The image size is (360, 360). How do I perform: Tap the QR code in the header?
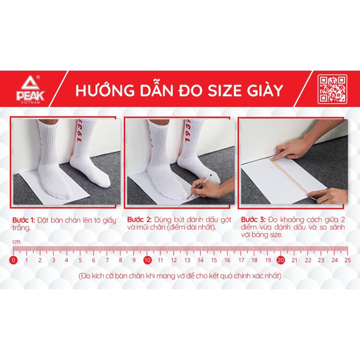point(332,89)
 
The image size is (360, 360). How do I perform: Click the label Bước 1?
point(24,220)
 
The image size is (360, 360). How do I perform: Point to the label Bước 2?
point(139,220)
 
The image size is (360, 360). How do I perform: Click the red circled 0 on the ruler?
point(13,261)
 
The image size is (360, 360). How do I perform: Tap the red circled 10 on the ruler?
point(147,261)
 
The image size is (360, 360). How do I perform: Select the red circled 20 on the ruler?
point(281,261)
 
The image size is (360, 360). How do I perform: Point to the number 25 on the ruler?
point(348,261)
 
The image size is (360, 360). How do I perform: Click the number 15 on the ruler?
point(214,261)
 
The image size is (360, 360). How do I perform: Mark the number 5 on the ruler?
point(80,261)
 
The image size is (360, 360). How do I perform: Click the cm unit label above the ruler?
point(16,242)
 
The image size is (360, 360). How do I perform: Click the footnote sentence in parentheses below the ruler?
point(180,276)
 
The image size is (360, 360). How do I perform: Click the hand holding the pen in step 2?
point(211,188)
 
